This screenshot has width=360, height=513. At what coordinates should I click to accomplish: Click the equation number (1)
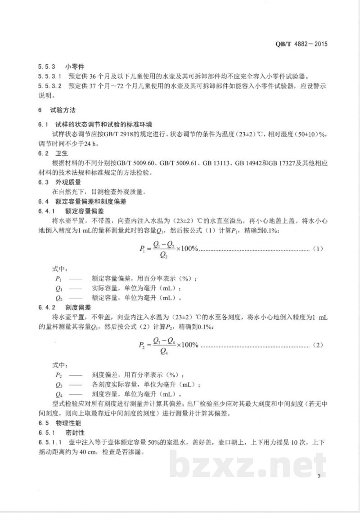pos(318,249)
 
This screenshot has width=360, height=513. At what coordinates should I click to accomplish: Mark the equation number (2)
pos(318,345)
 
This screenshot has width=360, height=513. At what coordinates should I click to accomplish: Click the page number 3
pos(319,476)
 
